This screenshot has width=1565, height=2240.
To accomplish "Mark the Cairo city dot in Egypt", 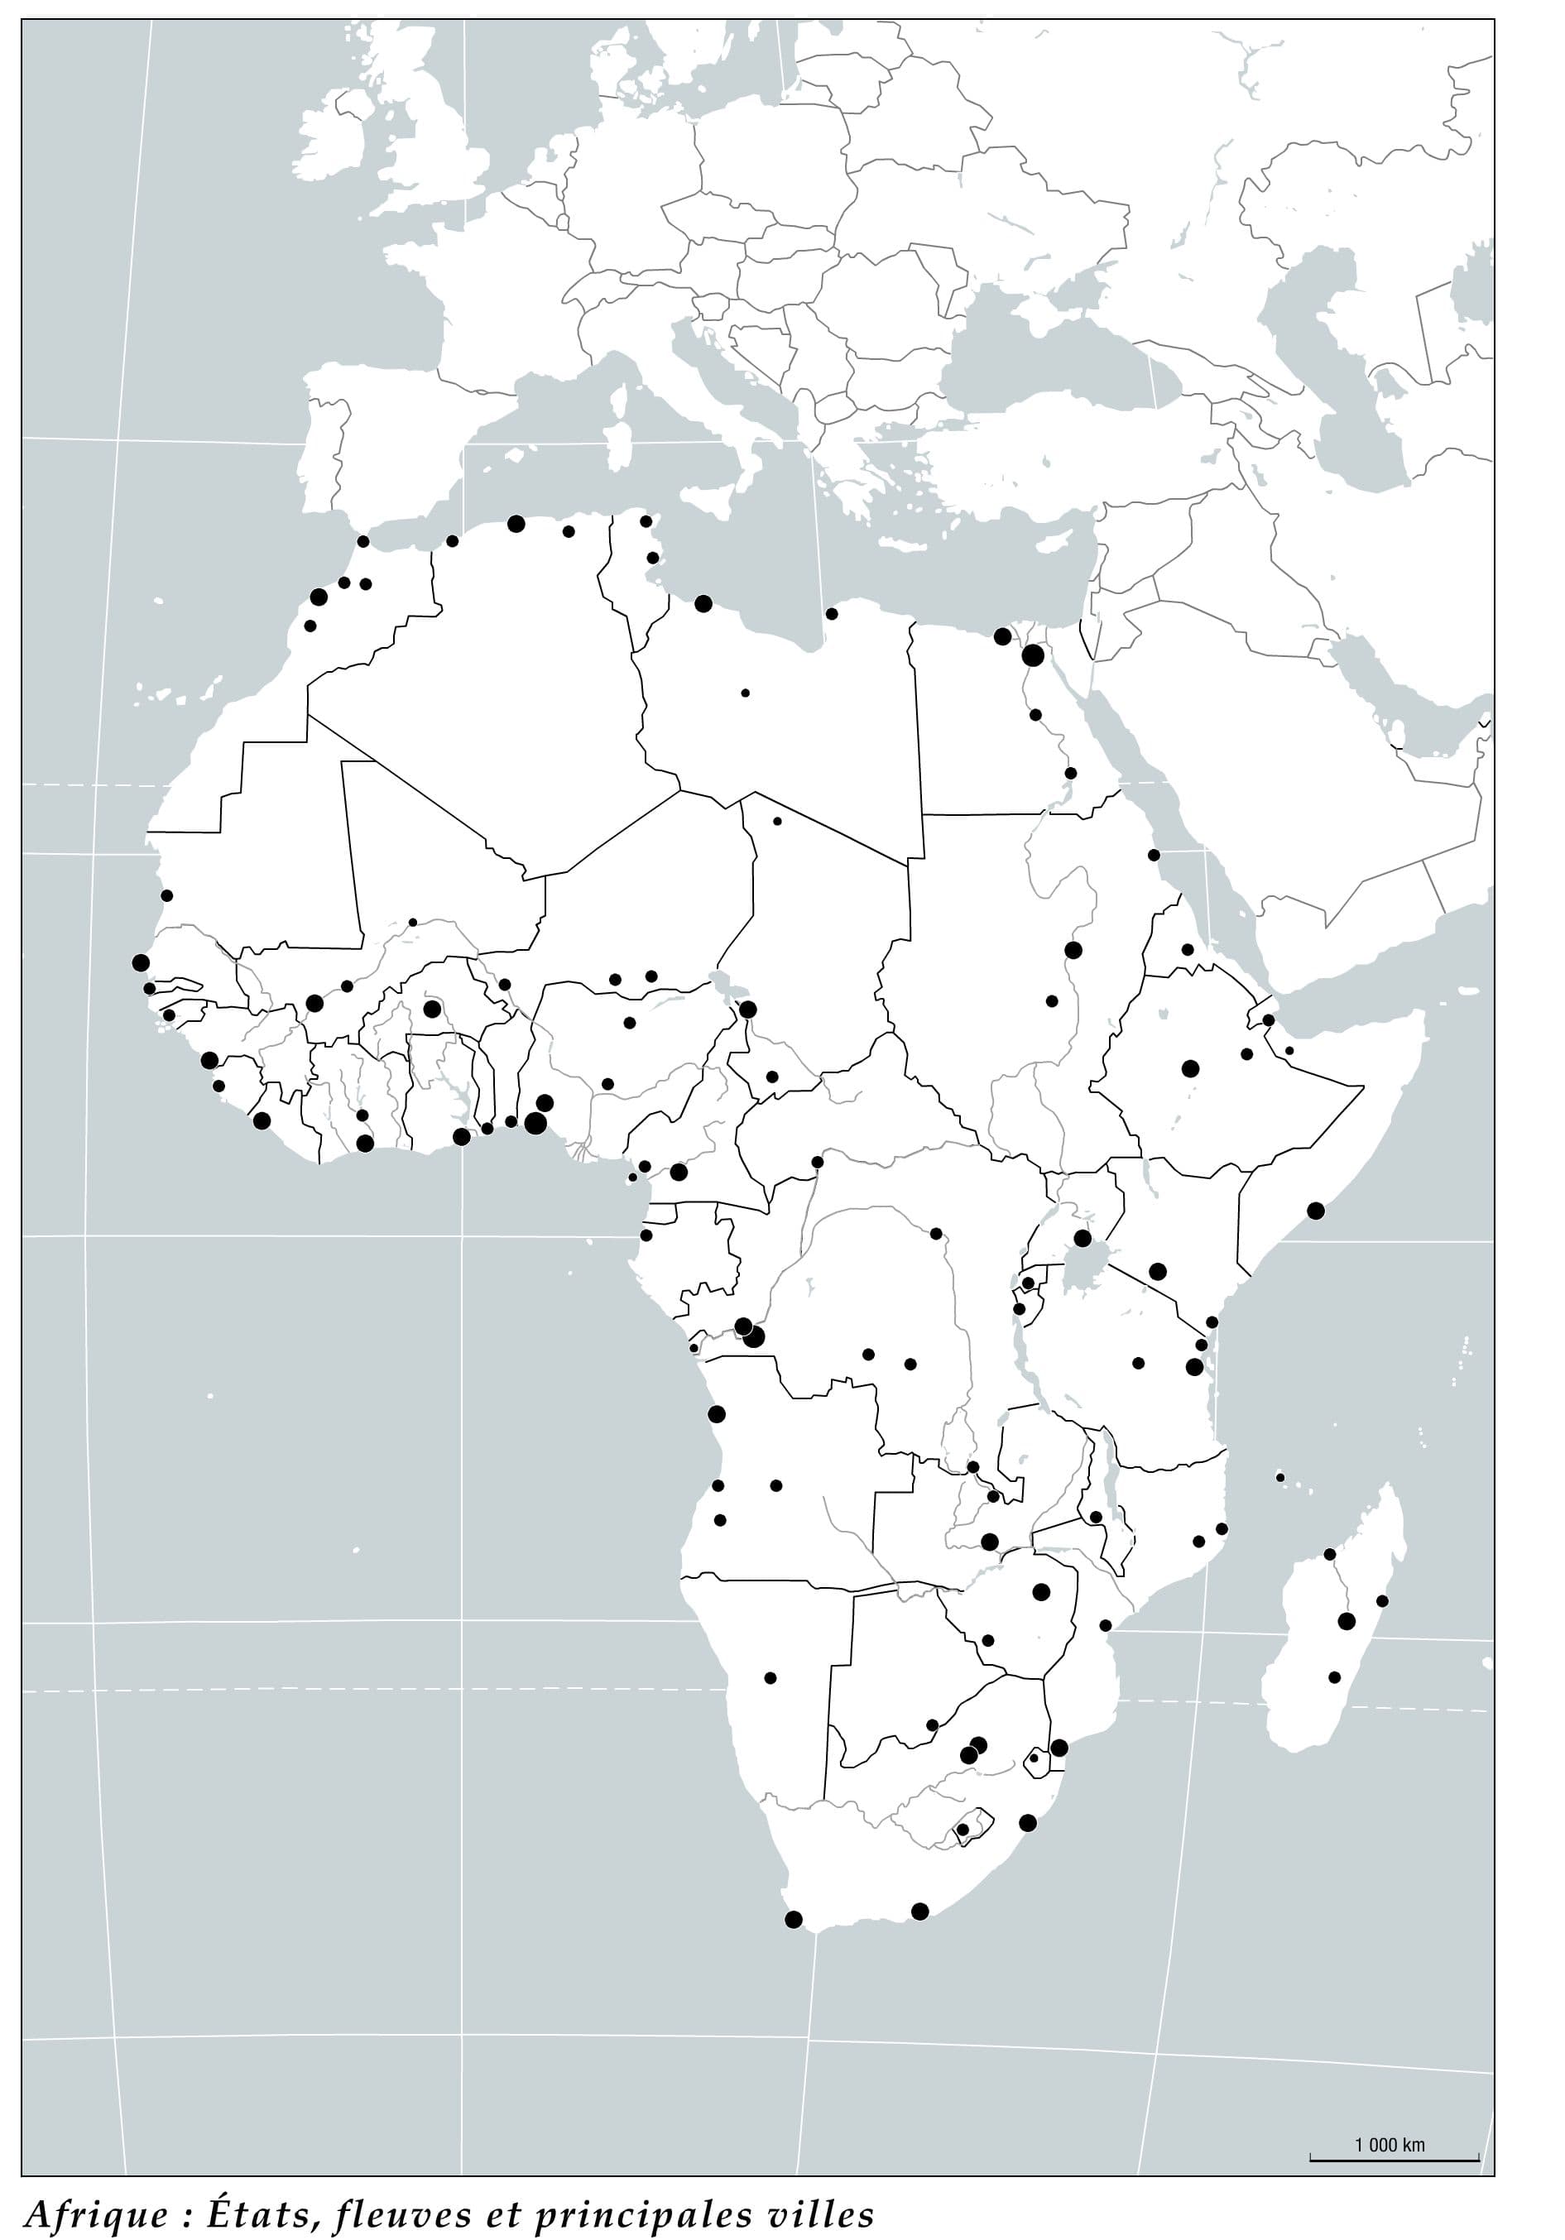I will [1033, 655].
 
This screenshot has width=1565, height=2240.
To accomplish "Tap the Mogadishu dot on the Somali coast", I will [1315, 1211].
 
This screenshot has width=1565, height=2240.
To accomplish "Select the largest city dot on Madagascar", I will [1347, 1622].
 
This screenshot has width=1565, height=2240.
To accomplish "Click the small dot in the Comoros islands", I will [1280, 1477].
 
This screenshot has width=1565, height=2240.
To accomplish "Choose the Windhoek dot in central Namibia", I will [770, 1678].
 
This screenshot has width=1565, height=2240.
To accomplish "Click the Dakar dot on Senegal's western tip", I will [141, 963].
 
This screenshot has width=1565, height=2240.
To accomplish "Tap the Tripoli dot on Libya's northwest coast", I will [703, 604].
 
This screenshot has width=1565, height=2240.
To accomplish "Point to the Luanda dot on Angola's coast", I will [716, 1413].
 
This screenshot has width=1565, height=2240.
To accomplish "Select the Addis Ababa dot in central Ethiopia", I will [1189, 1068].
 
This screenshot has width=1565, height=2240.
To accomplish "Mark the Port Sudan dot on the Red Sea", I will [1153, 855].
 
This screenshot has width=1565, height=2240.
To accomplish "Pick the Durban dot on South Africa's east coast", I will [1027, 1822].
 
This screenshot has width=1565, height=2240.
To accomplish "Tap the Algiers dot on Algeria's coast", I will [516, 524].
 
